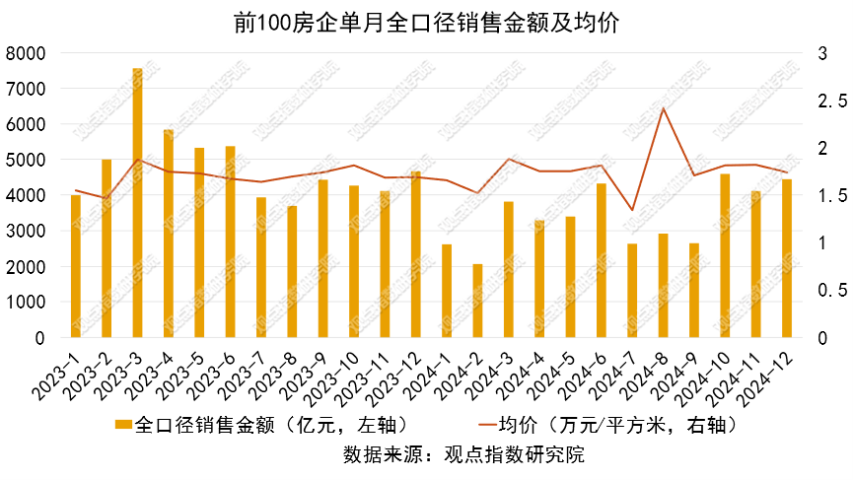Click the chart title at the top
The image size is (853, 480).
[x=426, y=23]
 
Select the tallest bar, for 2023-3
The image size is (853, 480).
[x=138, y=203]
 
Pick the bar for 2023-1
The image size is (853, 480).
[x=76, y=266]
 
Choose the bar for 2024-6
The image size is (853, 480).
[x=602, y=260]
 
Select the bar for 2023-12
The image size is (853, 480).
[x=416, y=254]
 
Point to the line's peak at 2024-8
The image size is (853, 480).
[x=664, y=108]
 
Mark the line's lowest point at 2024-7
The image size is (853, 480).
[x=632, y=210]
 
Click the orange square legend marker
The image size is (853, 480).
[x=123, y=425]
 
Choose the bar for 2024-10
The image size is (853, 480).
[x=725, y=256]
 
